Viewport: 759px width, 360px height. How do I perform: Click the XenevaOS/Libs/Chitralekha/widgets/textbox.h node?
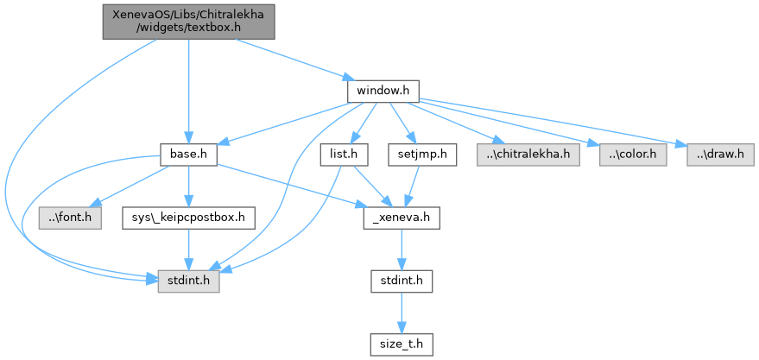click(x=187, y=21)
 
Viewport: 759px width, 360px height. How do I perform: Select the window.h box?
click(x=383, y=90)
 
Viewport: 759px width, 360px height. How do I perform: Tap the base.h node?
click(x=187, y=155)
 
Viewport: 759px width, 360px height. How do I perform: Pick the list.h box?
click(x=344, y=155)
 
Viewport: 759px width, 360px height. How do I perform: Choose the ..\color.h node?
click(x=632, y=155)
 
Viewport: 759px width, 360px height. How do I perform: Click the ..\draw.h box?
click(x=721, y=155)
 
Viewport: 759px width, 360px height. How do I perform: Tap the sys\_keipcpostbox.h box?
click(x=188, y=218)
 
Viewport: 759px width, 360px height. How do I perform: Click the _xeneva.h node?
click(x=401, y=218)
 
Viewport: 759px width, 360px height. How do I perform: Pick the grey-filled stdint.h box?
click(x=188, y=281)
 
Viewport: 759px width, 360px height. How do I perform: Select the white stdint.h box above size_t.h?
click(x=401, y=281)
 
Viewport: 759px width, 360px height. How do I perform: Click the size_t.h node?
click(x=401, y=344)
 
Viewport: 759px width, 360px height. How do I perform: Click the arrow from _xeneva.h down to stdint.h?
click(x=401, y=249)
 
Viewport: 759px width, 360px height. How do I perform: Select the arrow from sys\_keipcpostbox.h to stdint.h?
click(x=188, y=249)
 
